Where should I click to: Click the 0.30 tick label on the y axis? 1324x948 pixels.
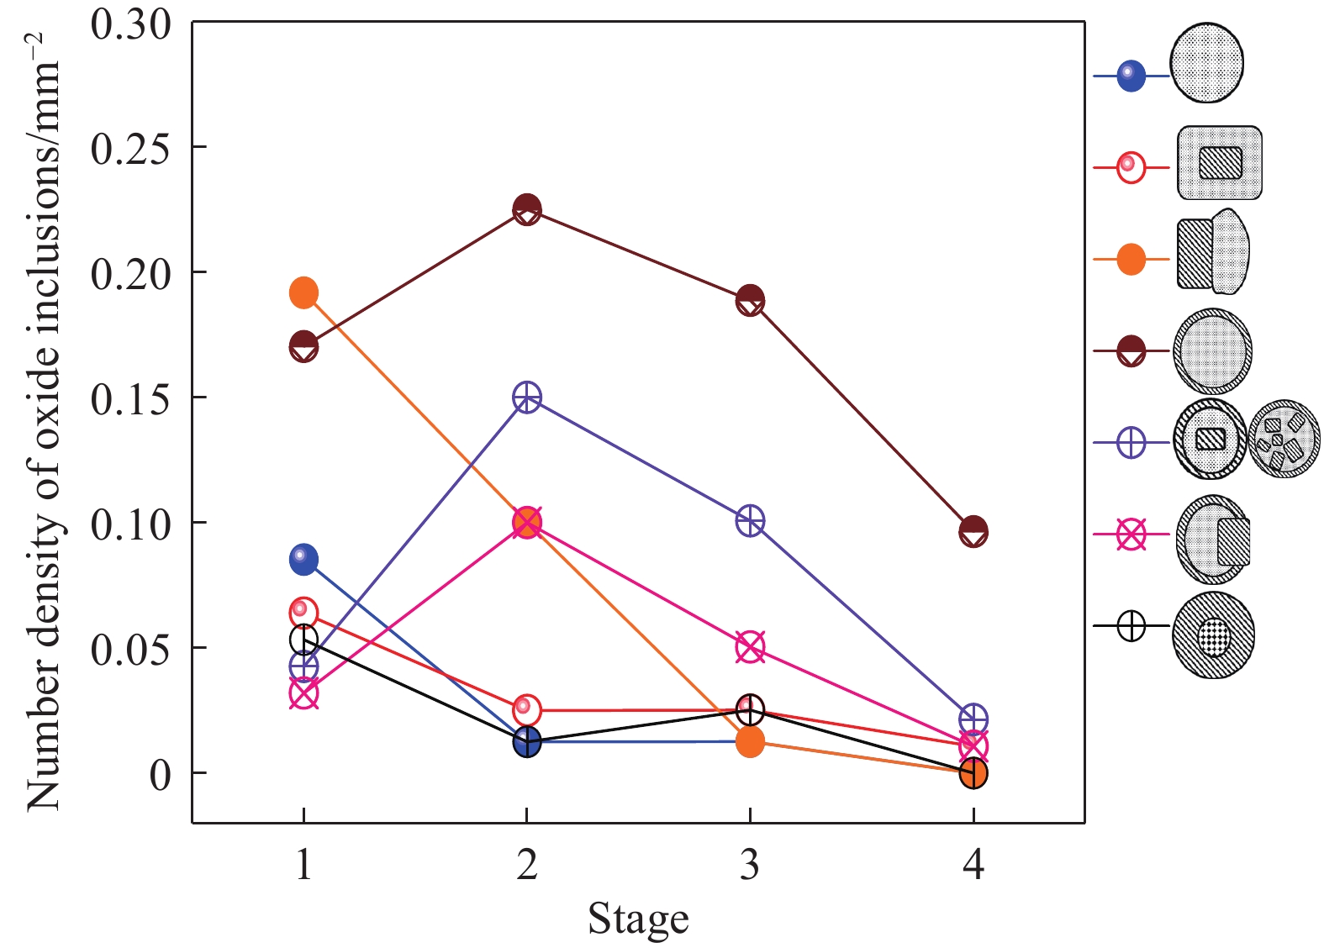pyautogui.click(x=130, y=25)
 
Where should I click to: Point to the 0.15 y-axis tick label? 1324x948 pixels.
pyautogui.click(x=130, y=398)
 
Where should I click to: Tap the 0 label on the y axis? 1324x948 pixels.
pyautogui.click(x=160, y=774)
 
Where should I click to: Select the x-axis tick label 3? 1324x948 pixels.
pyautogui.click(x=749, y=864)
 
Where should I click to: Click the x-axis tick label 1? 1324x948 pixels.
pyautogui.click(x=303, y=864)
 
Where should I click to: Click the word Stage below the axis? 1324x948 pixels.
pyautogui.click(x=638, y=919)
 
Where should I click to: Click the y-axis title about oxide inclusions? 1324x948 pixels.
pyautogui.click(x=44, y=420)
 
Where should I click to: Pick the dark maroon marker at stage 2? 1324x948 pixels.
pyautogui.click(x=526, y=208)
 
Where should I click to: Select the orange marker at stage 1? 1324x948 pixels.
pyautogui.click(x=303, y=292)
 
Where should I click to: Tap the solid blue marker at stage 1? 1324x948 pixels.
pyautogui.click(x=303, y=559)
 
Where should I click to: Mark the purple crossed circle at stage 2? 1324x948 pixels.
pyautogui.click(x=526, y=397)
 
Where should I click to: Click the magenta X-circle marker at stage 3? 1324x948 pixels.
pyautogui.click(x=750, y=647)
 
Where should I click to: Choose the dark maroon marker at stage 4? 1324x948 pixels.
pyautogui.click(x=973, y=532)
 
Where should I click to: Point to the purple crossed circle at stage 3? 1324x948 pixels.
pyautogui.click(x=750, y=521)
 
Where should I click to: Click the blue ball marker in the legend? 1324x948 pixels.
pyautogui.click(x=1131, y=76)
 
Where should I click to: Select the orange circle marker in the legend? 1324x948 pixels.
pyautogui.click(x=1131, y=260)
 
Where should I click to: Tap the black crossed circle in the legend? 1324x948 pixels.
pyautogui.click(x=1131, y=626)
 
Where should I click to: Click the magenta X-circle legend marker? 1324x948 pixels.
pyautogui.click(x=1131, y=535)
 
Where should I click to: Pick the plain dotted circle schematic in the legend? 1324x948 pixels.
pyautogui.click(x=1207, y=63)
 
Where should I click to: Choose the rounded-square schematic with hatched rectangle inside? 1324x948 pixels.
pyautogui.click(x=1220, y=163)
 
